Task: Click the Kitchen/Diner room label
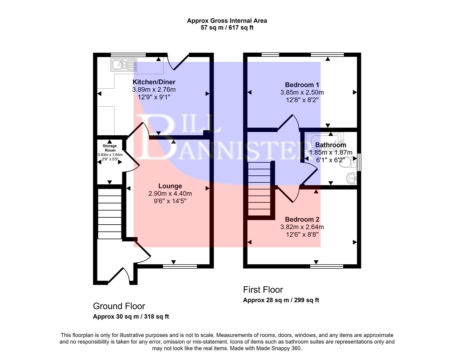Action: click(154, 82)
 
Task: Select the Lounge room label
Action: click(170, 186)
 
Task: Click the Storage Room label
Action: click(110, 148)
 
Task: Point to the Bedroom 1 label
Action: click(302, 85)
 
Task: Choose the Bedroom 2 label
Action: click(302, 219)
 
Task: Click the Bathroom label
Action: click(331, 145)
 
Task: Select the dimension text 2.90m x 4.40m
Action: click(170, 194)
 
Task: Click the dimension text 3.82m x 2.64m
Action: click(302, 227)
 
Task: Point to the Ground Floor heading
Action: click(119, 306)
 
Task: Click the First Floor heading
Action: click(263, 290)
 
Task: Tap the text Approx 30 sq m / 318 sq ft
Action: click(131, 317)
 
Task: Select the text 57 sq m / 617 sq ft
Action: click(227, 28)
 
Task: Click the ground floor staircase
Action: click(109, 213)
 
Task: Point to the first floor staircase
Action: click(260, 189)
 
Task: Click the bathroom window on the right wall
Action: click(359, 162)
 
